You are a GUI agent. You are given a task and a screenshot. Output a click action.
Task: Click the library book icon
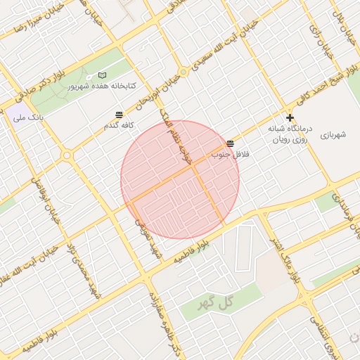click(103, 75)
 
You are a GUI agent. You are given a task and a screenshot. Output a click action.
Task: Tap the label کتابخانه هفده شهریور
click(102, 86)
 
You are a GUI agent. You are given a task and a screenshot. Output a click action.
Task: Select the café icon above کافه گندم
click(118, 114)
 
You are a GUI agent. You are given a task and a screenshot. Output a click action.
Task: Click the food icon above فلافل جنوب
click(231, 143)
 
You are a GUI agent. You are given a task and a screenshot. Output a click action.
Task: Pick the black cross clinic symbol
click(290, 117)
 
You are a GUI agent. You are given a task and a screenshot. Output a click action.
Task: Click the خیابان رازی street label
click(319, 39)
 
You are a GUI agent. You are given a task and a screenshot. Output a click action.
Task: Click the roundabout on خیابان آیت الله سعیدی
click(184, 72)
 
